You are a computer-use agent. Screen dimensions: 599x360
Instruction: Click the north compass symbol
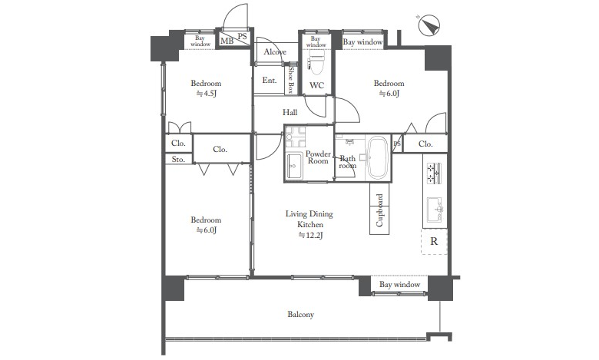pos(429,25)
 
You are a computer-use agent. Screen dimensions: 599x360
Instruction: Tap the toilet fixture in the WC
pos(316,63)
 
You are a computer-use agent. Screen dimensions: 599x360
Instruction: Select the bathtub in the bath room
pos(377,157)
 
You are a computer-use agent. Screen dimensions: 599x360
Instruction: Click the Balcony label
pos(300,314)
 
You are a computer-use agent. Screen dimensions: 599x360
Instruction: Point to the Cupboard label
pos(379,210)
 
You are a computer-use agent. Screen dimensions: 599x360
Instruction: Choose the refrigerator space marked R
pos(434,241)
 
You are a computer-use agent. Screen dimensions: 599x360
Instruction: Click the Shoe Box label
pos(291,80)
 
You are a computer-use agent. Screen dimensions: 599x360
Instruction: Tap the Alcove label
pos(275,52)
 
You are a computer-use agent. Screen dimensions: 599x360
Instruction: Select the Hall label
pos(290,112)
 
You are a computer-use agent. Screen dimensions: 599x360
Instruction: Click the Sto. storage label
pos(178,159)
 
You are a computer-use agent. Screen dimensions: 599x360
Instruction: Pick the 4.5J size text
pos(207,94)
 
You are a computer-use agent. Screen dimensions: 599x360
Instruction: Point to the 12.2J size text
pos(310,235)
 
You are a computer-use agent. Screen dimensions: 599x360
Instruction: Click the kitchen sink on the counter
pos(435,210)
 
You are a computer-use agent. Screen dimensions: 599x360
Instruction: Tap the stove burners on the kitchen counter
pos(435,173)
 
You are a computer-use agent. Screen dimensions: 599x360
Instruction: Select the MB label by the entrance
pos(227,41)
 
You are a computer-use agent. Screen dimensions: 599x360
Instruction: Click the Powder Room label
pos(318,157)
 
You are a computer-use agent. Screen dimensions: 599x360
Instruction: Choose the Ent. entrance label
pos(270,80)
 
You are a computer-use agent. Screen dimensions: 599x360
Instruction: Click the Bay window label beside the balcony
pos(399,285)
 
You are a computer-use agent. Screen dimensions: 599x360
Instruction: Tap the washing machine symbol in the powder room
pos(296,137)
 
